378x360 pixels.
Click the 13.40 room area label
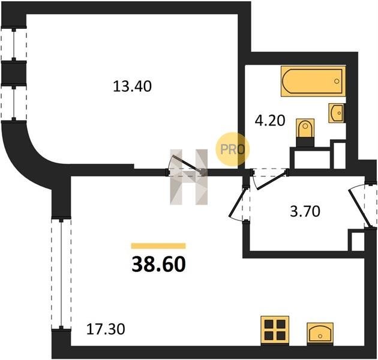133,86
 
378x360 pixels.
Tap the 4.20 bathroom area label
270,121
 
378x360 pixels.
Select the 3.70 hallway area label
305,211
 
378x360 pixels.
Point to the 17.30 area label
106,329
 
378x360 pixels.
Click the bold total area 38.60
158,264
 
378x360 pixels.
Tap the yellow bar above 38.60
158,246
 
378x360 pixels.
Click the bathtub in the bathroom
313,81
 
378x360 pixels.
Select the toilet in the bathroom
305,133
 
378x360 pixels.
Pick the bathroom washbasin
336,113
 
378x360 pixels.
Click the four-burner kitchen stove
275,329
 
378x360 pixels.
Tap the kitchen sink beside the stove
320,334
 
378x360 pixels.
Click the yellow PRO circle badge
233,149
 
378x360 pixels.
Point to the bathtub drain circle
337,81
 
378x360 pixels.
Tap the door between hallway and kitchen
239,204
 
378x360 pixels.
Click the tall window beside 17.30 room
61,274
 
